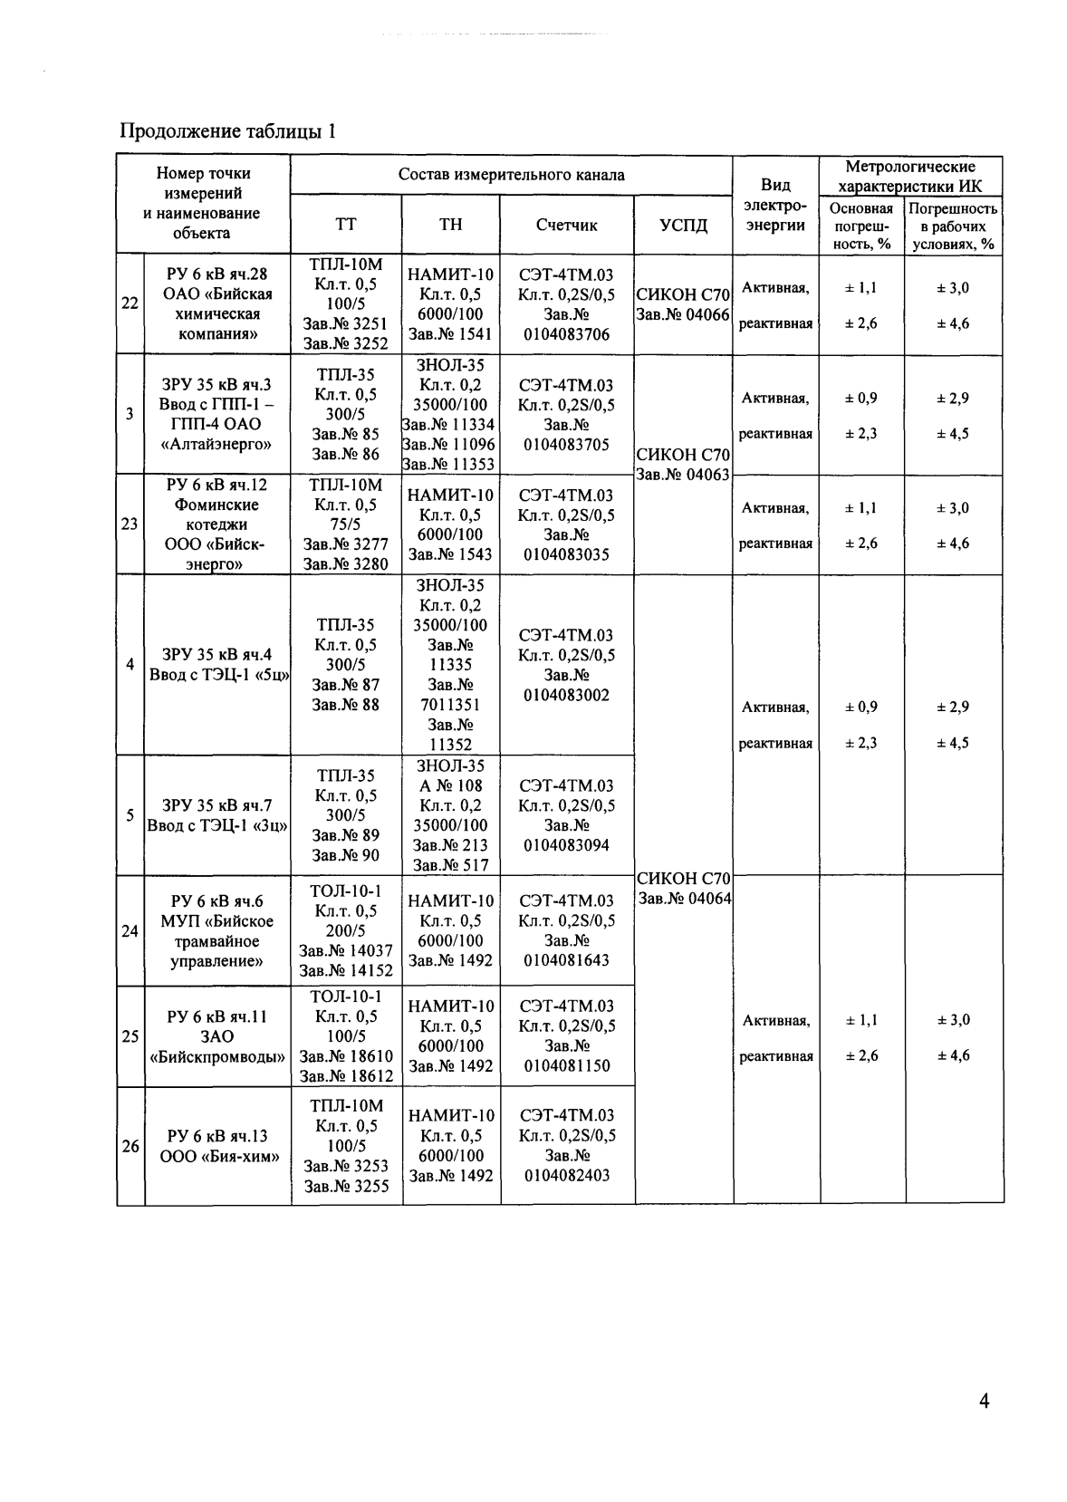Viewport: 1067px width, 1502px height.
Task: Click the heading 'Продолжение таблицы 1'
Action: pos(228,131)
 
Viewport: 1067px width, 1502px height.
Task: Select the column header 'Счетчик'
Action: pos(566,225)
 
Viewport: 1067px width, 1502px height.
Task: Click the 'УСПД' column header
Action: pos(683,225)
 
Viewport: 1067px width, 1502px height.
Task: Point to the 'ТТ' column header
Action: pos(346,225)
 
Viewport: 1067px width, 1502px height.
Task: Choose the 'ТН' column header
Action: pos(450,225)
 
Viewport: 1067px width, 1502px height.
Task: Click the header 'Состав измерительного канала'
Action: pos(511,175)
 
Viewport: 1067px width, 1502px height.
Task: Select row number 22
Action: pos(130,303)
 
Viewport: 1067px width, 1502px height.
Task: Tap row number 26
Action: pos(130,1146)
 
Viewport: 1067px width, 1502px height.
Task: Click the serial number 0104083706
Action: pos(566,334)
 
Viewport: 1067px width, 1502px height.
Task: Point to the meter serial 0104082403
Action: pos(566,1175)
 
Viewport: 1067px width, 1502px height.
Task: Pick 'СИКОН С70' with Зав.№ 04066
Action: pos(683,294)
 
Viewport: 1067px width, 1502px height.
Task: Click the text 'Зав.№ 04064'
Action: pos(684,898)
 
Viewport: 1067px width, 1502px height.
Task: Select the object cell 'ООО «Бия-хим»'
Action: pos(218,1156)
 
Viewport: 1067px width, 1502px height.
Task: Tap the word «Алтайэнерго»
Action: pos(218,444)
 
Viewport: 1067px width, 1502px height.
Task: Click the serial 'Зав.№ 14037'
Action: pos(346,950)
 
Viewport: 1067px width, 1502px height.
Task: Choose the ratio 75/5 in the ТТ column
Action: pos(346,524)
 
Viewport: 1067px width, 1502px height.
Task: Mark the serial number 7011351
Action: pos(450,704)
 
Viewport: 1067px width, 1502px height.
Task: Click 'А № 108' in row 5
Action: pos(450,785)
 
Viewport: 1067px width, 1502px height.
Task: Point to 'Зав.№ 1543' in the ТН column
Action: pos(450,554)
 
